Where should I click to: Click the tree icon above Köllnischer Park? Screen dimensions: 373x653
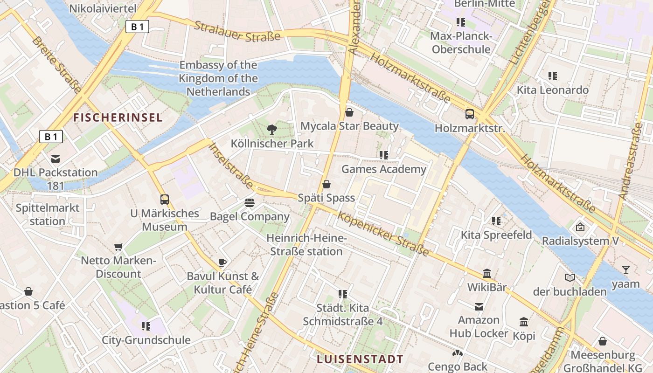point(271,130)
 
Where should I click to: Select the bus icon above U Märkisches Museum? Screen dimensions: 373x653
point(165,200)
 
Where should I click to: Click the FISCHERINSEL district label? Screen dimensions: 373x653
point(118,117)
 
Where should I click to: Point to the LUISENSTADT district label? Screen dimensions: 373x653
point(360,359)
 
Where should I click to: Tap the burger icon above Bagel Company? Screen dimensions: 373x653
point(250,203)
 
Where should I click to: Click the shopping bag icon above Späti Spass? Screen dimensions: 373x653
point(326,184)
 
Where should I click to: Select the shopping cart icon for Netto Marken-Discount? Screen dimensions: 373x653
point(118,247)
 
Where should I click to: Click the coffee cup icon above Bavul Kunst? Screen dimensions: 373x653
point(222,262)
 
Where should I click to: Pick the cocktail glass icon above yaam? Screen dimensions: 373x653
point(625,269)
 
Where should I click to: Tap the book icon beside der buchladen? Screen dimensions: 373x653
point(570,278)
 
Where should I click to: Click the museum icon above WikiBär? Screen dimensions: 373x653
point(487,273)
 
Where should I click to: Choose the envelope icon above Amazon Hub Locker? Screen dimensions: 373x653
point(479,306)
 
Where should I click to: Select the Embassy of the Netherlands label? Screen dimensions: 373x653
point(218,78)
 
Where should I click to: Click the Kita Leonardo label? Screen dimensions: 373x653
point(553,90)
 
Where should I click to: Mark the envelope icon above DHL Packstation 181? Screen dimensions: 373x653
point(56,159)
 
